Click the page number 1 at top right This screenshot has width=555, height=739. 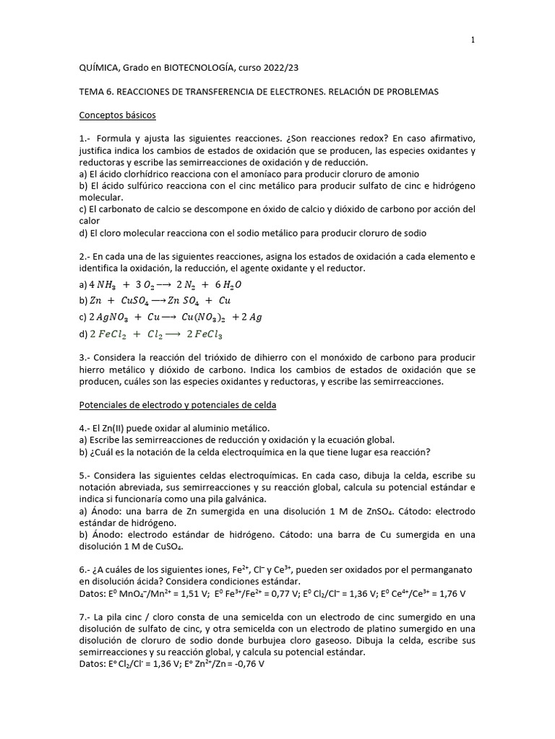(473, 40)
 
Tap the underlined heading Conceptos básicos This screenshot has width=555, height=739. (116, 115)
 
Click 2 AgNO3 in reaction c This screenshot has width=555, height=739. (106, 317)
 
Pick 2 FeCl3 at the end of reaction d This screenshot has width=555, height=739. (205, 334)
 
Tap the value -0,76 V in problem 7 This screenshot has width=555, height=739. (246, 664)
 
